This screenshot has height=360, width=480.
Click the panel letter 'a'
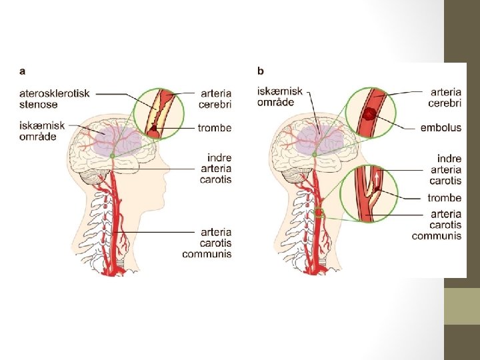click(x=23, y=71)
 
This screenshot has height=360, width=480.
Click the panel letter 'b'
click(x=260, y=71)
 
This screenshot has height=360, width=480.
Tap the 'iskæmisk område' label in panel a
click(x=42, y=131)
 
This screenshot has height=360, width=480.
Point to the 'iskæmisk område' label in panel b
click(x=280, y=97)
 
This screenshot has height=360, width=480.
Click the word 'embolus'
click(x=441, y=128)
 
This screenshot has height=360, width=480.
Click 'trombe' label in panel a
click(x=215, y=128)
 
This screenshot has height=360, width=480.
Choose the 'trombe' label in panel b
click(x=444, y=198)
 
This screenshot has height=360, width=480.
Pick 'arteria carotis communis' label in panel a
click(x=207, y=243)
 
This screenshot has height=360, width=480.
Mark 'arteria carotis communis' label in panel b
click(x=437, y=225)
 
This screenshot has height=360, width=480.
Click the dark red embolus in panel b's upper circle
click(x=369, y=115)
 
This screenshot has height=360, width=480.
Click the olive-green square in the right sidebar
click(x=461, y=306)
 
